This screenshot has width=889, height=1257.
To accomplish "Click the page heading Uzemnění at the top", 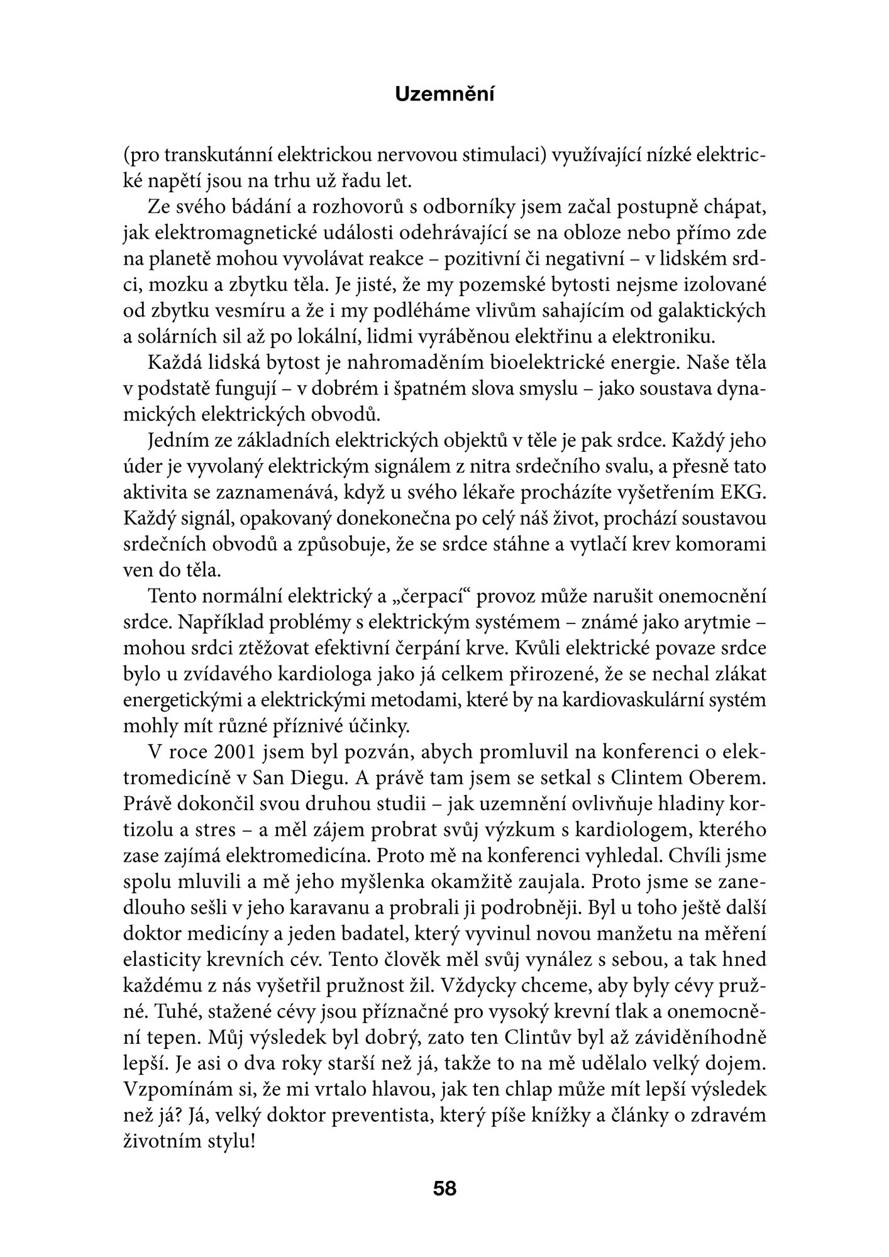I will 444,94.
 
